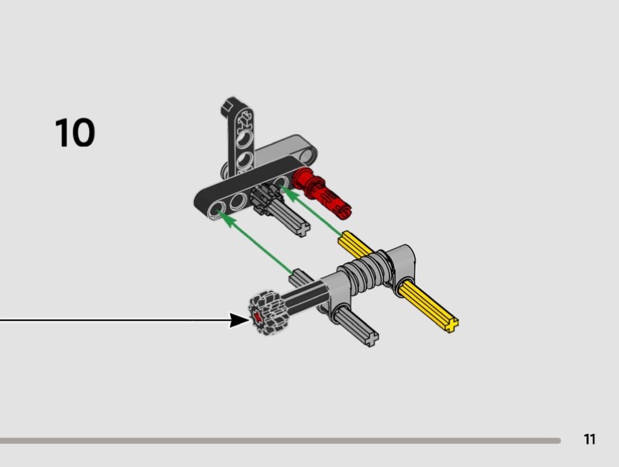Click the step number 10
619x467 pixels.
click(x=75, y=133)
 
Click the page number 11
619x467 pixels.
click(x=590, y=440)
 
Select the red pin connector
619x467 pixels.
click(x=323, y=189)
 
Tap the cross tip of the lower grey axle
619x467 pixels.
click(x=373, y=338)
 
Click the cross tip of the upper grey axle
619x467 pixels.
click(x=301, y=227)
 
